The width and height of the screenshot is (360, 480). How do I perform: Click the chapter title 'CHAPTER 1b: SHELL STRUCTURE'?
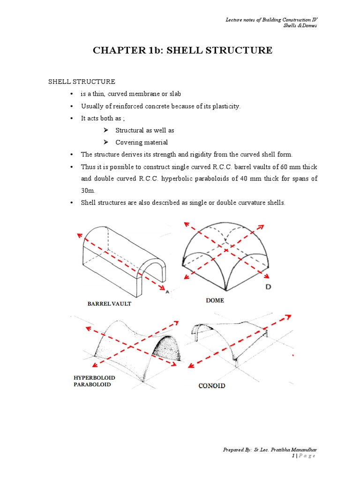point(182,50)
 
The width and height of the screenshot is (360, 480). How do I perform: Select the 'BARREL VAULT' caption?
point(110,304)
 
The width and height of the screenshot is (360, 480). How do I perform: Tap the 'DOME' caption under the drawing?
point(215,300)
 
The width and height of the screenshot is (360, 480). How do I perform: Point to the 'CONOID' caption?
point(211,386)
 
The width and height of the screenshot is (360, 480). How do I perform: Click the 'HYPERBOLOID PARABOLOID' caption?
point(92,381)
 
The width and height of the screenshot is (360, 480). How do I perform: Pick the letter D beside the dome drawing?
point(269,286)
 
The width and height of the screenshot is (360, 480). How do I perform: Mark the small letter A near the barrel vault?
point(167,291)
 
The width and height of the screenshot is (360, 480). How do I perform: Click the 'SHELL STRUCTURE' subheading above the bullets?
point(82,82)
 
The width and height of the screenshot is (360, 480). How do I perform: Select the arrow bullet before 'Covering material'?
point(106,142)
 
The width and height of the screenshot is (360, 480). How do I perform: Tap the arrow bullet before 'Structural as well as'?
point(106,130)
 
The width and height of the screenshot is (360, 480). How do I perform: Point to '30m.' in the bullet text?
point(88,191)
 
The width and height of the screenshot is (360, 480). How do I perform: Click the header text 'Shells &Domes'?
point(300,25)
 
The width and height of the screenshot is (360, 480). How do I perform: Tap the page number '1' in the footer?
point(293,456)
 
